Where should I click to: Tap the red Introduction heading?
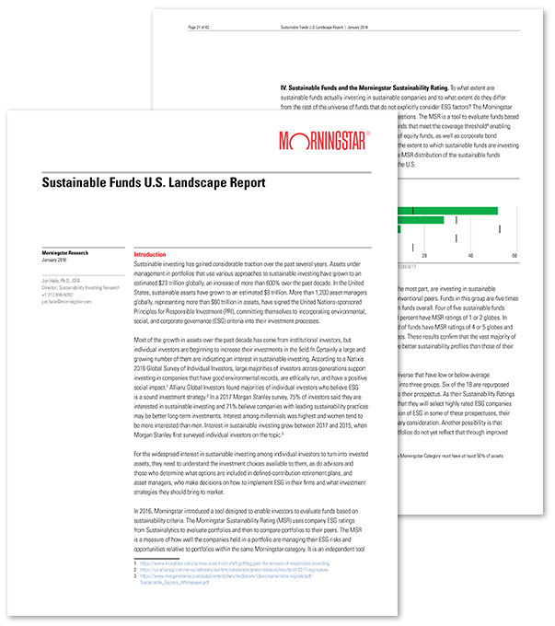point(149,254)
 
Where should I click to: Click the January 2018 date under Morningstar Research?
point(56,259)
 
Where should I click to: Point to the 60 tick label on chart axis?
point(515,256)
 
